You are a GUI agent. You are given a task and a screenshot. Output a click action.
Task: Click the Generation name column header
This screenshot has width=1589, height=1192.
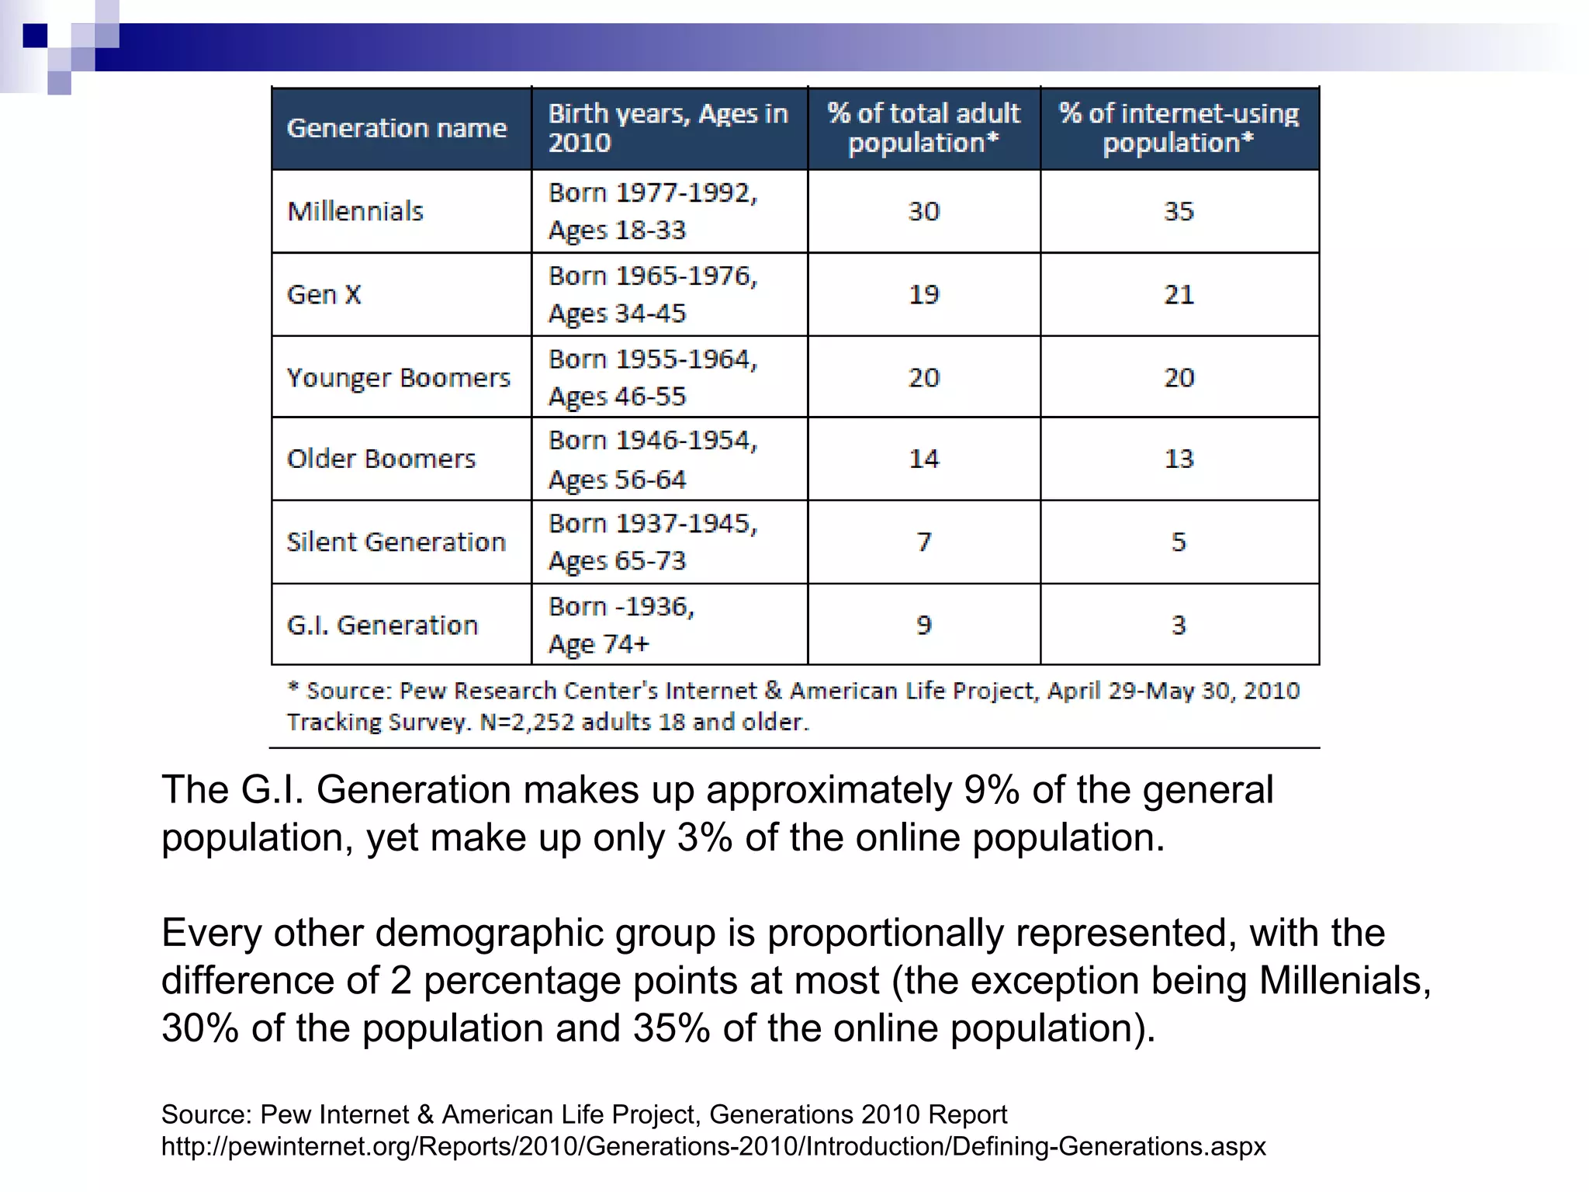(396, 128)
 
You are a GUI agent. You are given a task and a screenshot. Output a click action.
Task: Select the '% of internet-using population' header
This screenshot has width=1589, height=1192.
(1179, 128)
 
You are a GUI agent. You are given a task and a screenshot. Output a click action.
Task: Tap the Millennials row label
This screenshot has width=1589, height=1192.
(355, 211)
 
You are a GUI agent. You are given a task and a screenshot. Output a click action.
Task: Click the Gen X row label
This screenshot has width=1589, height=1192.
(324, 294)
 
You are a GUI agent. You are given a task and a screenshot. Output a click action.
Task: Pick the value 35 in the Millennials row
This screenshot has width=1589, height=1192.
(1179, 211)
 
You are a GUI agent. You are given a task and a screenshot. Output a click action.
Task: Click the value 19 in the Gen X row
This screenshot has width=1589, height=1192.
(923, 294)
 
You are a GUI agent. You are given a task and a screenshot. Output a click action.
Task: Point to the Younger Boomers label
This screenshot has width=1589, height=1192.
(399, 378)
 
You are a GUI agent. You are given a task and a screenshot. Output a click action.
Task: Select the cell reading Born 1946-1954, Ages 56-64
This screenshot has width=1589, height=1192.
(653, 459)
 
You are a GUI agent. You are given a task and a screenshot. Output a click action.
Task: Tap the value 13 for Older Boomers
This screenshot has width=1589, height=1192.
(1179, 459)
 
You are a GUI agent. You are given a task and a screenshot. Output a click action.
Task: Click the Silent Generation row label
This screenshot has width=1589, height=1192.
(396, 542)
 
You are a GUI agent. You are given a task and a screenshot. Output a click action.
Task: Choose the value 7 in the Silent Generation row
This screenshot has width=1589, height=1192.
(923, 542)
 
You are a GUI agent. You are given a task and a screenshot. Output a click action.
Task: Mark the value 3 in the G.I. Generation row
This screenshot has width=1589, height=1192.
(1179, 625)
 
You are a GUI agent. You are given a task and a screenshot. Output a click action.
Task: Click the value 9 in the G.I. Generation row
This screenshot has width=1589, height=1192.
(923, 625)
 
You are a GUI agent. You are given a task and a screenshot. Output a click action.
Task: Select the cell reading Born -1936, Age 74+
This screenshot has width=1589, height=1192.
(621, 625)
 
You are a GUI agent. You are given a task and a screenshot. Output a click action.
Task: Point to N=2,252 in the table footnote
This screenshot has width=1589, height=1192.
(527, 722)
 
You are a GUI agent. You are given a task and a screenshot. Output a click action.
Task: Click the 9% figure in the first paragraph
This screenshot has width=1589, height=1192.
(991, 790)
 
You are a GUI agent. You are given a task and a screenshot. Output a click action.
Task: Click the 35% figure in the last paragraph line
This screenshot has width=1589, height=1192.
(671, 1028)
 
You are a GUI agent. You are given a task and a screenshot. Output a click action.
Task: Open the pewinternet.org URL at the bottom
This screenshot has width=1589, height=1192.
(713, 1146)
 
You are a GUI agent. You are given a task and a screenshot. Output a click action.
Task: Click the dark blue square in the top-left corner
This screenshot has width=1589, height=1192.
(35, 35)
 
